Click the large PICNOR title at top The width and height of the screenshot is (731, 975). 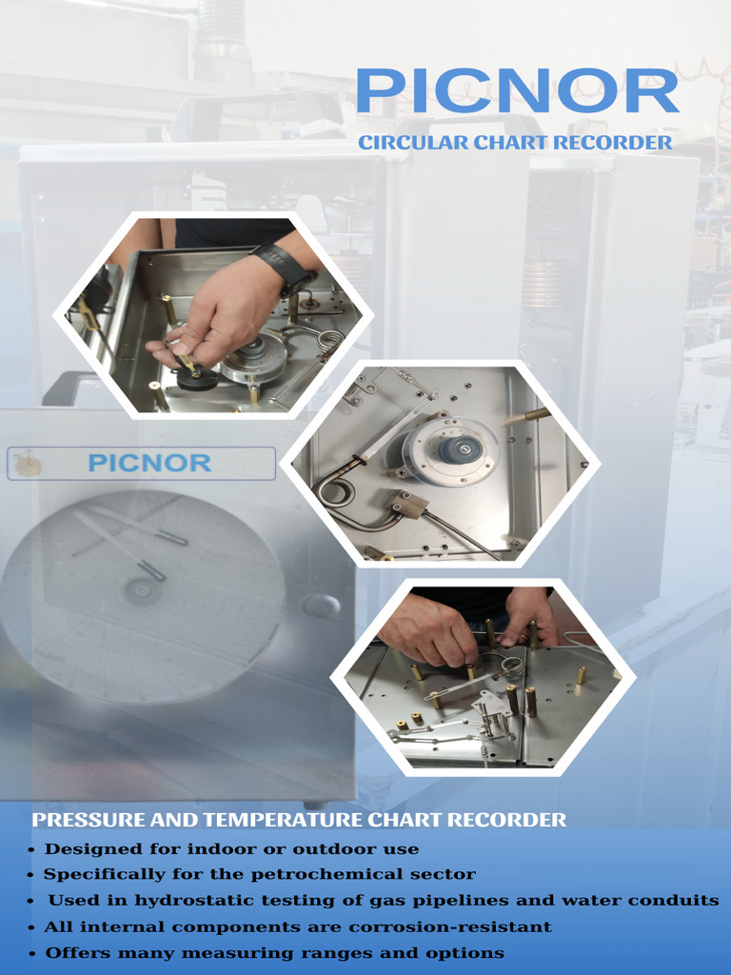point(517,91)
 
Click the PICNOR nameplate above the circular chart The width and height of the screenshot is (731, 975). point(149,464)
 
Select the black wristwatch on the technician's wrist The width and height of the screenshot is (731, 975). point(282,264)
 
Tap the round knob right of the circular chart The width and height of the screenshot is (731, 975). point(321,606)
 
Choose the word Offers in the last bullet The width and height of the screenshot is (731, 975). point(75,952)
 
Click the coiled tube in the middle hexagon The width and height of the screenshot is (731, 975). point(336,492)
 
